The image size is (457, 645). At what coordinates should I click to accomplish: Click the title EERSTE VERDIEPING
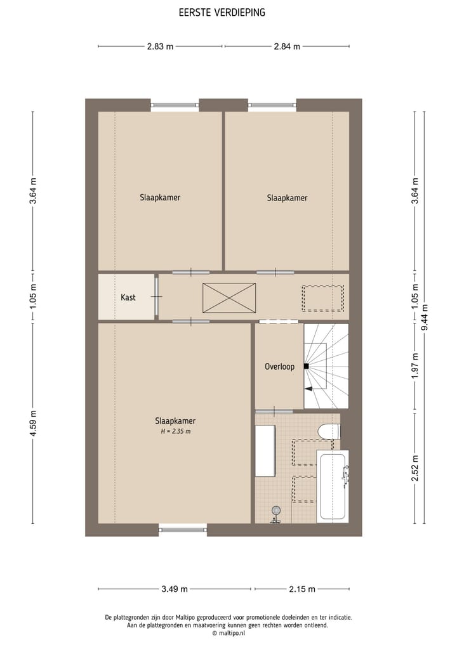point(222,12)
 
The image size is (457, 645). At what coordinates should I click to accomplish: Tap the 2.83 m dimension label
point(160,46)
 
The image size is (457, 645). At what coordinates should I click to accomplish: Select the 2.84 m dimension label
point(287,46)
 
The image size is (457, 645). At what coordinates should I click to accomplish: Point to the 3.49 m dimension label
point(175,589)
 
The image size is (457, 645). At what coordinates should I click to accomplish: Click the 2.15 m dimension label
point(302,589)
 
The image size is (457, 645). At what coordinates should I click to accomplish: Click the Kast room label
point(128,297)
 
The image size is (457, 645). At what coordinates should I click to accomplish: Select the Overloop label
point(279,367)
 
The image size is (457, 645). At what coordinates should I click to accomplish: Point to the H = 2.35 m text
point(175,431)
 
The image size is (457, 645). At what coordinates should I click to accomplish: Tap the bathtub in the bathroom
point(333,486)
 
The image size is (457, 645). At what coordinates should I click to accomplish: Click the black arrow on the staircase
point(309,388)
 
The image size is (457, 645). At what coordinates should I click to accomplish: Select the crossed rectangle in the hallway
point(229,297)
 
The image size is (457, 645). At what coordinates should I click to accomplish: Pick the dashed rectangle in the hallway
point(322,297)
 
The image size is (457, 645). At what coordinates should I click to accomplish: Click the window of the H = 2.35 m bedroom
point(183,528)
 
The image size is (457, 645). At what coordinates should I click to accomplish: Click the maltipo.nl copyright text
point(228,633)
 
